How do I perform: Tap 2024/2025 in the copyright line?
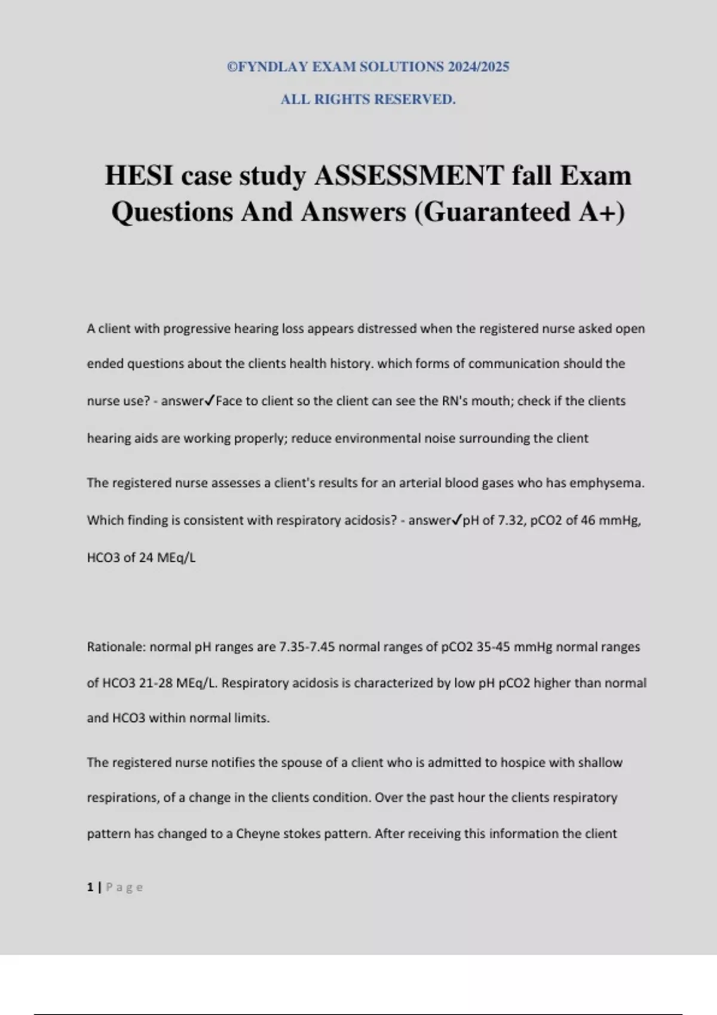tap(477, 67)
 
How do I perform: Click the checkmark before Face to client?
tap(210, 401)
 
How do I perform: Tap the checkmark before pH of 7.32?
tap(457, 520)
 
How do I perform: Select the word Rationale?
tap(115, 647)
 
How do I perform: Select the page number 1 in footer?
tap(90, 887)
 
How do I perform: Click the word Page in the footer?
tap(124, 887)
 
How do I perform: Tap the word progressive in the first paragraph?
tap(197, 329)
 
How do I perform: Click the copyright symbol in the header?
tap(232, 67)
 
